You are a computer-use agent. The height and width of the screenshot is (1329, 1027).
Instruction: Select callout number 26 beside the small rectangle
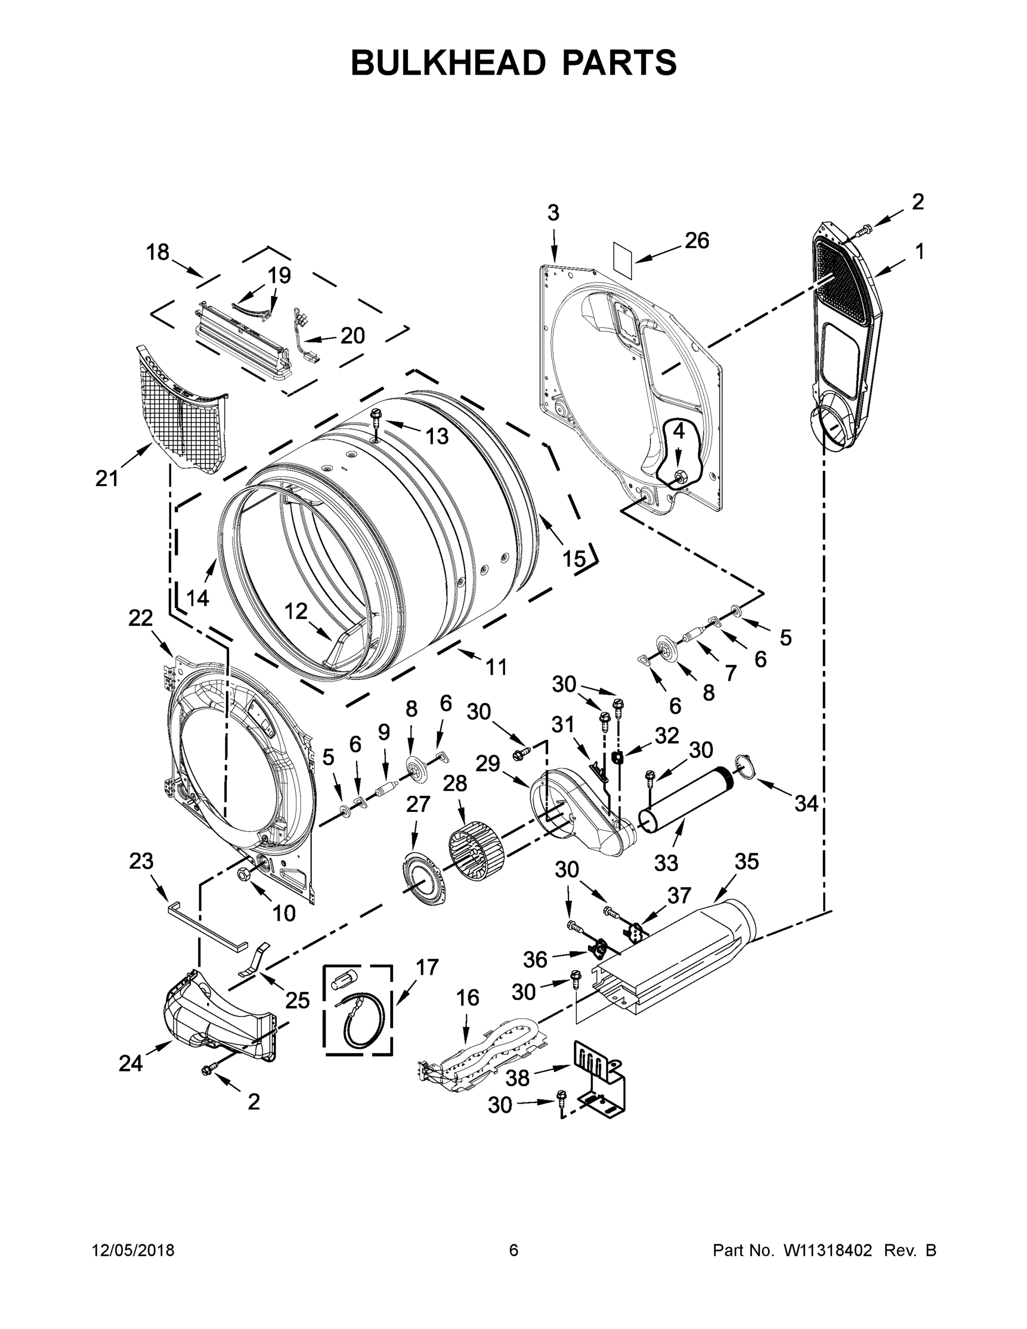coord(696,241)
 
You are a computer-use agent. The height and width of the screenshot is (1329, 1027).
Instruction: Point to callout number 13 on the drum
coord(436,436)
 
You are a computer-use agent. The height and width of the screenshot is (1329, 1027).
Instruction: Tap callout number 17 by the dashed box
coord(426,967)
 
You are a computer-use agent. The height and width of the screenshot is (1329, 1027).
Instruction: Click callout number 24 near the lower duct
coord(130,1063)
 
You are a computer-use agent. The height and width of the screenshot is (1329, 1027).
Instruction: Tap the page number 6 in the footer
coord(514,1250)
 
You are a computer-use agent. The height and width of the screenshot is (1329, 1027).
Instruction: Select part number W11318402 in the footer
coord(828,1250)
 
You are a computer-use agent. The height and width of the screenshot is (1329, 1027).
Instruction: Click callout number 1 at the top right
coord(919,251)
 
